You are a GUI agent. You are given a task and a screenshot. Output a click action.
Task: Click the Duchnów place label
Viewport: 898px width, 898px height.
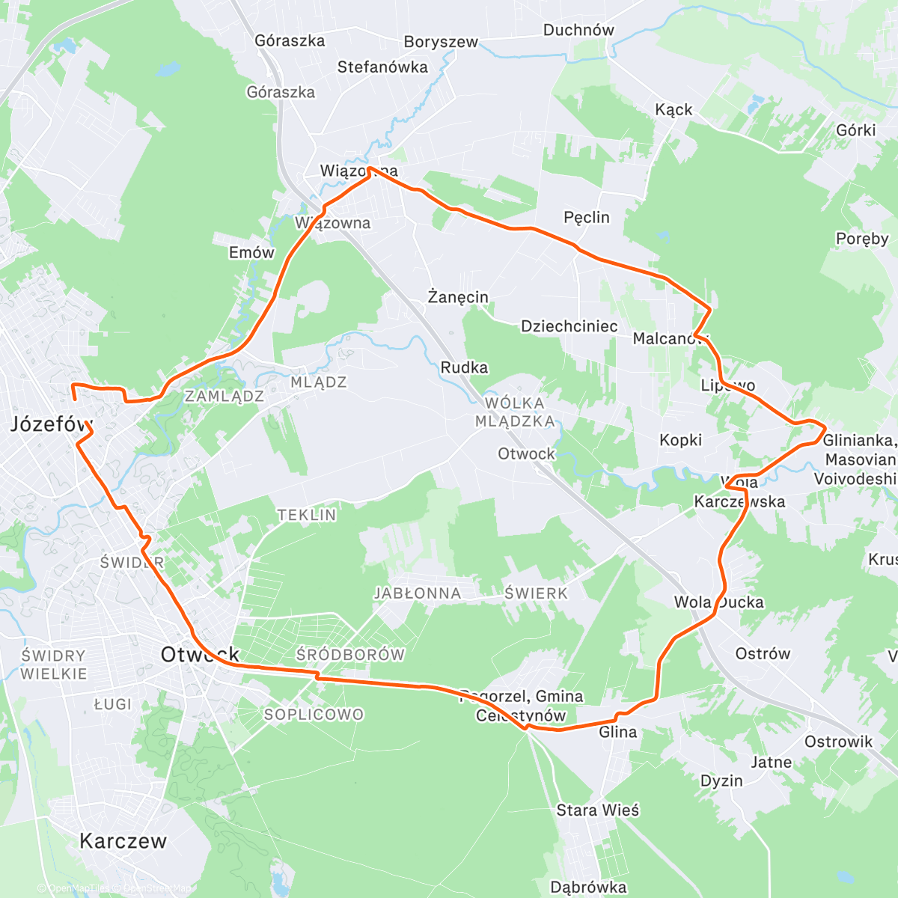(578, 31)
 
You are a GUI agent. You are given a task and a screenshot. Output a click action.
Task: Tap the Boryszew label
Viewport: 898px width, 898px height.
(440, 42)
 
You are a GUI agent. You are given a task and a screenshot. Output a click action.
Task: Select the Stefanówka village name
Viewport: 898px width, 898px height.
(382, 67)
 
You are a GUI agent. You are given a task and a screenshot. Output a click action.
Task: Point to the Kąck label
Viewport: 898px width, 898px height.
(673, 110)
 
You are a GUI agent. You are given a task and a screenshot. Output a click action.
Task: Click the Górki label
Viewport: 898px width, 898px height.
(856, 130)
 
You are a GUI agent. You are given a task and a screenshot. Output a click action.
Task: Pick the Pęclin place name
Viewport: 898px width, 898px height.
(586, 218)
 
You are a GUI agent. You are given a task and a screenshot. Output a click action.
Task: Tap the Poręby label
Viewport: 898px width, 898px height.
(862, 239)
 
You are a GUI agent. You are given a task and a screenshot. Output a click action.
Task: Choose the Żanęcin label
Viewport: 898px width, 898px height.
(458, 297)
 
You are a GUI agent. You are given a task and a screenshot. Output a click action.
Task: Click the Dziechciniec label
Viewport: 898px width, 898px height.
(569, 326)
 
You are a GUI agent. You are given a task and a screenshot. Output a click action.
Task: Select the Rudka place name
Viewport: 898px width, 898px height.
(464, 367)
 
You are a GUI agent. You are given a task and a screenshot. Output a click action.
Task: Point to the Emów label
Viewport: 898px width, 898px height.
(251, 253)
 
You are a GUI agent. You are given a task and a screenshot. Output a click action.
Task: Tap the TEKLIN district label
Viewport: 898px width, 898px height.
(307, 515)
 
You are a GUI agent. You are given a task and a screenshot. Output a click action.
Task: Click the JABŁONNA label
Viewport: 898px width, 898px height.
(418, 593)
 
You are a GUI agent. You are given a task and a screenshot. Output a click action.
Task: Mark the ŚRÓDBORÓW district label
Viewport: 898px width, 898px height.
(350, 655)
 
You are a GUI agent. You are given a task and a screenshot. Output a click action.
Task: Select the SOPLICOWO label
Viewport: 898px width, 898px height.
(314, 715)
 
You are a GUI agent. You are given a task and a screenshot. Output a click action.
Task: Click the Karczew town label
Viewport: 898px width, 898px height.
(123, 841)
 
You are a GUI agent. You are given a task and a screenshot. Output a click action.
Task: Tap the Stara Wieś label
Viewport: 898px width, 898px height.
(598, 810)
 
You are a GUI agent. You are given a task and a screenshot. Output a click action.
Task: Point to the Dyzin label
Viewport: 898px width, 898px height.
(721, 781)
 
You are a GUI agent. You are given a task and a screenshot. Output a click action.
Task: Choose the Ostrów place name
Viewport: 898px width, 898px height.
(763, 654)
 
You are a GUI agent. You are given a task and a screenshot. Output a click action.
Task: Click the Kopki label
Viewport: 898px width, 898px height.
(680, 440)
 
